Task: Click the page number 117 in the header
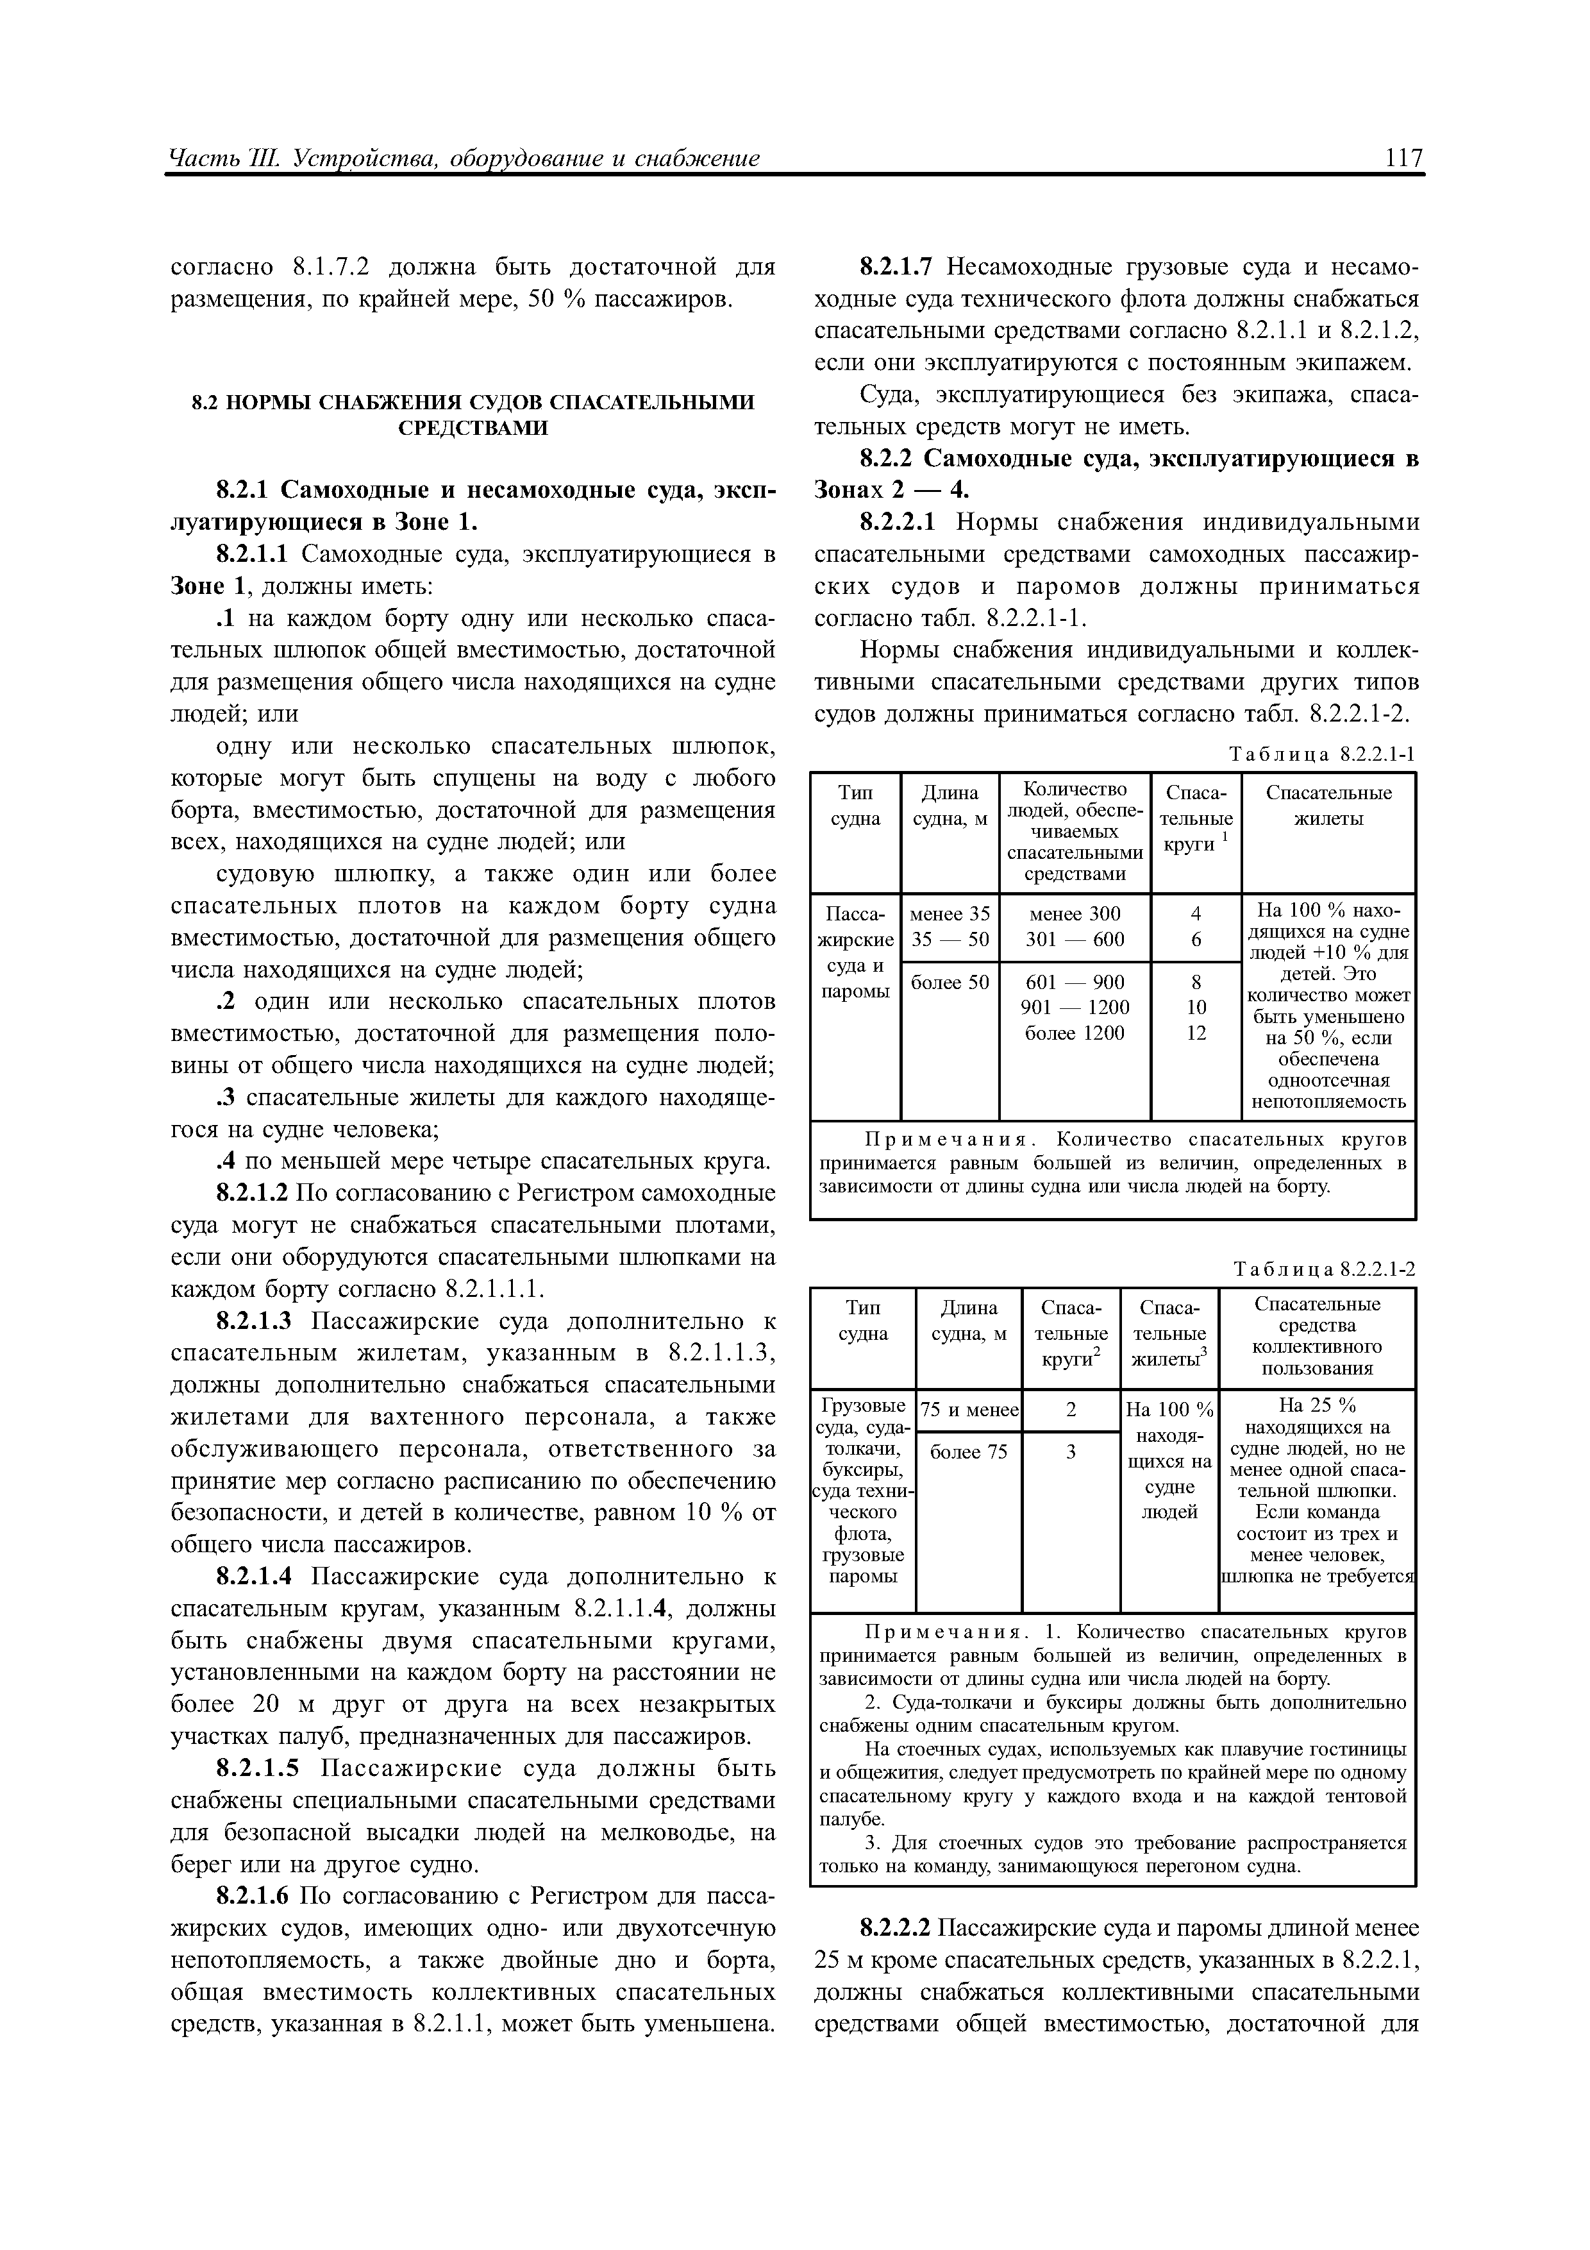pyautogui.click(x=1403, y=158)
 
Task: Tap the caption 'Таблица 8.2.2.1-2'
pyautogui.click(x=1325, y=1269)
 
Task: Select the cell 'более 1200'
pyautogui.click(x=1075, y=1033)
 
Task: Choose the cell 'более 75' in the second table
pyautogui.click(x=968, y=1452)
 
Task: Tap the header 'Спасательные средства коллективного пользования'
pyautogui.click(x=1317, y=1337)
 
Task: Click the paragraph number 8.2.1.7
pyautogui.click(x=898, y=267)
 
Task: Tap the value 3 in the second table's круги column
pyautogui.click(x=1071, y=1452)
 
